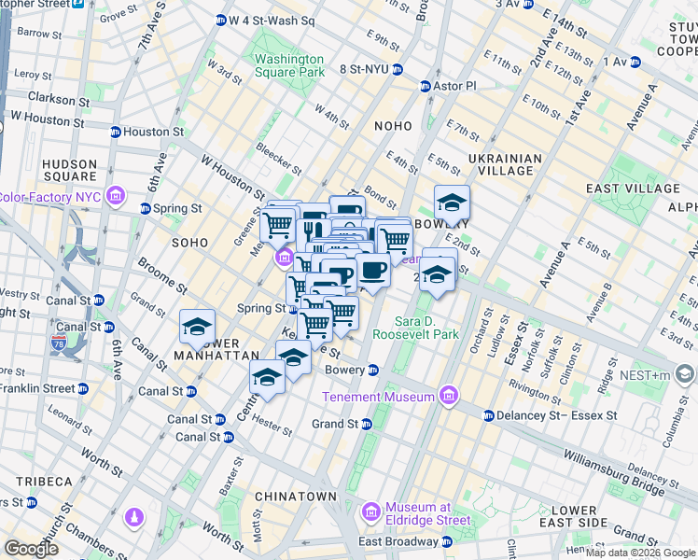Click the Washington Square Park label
[289, 65]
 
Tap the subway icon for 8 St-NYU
[398, 69]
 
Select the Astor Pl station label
[455, 86]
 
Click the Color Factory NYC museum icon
[115, 196]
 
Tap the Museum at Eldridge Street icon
[371, 512]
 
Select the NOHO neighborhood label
[393, 126]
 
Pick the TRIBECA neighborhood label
[44, 481]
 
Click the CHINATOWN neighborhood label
[298, 496]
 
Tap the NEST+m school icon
[685, 375]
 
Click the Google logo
[32, 549]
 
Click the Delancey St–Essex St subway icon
[488, 415]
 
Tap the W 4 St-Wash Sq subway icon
[221, 20]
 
